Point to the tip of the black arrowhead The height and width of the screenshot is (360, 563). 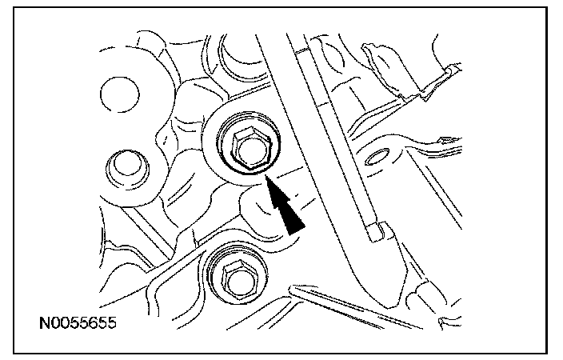[x=266, y=180]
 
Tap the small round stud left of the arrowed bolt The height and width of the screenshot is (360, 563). [x=123, y=166]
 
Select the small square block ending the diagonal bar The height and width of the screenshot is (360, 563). [x=377, y=232]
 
